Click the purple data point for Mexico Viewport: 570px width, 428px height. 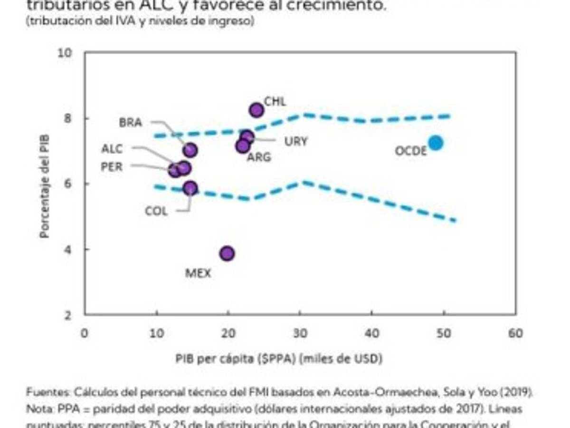[x=227, y=253]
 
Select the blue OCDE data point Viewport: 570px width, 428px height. [x=435, y=143]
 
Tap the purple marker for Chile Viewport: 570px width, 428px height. [x=256, y=110]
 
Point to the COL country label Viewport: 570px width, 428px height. [x=156, y=211]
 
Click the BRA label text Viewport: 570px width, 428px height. [x=130, y=123]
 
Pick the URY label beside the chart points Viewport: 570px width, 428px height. [x=295, y=142]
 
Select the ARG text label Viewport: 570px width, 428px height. [x=258, y=157]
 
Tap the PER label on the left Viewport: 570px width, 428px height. [x=112, y=167]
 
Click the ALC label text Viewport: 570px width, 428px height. [x=112, y=149]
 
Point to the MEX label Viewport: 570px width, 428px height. [x=198, y=273]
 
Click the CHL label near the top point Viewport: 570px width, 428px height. [x=275, y=101]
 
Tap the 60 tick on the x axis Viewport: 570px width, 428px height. [x=515, y=333]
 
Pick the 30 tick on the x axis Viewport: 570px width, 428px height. [x=300, y=333]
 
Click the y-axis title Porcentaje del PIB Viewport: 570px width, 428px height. [x=45, y=185]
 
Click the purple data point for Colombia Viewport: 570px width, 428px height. [x=190, y=188]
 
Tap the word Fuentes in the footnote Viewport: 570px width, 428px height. [x=47, y=392]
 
